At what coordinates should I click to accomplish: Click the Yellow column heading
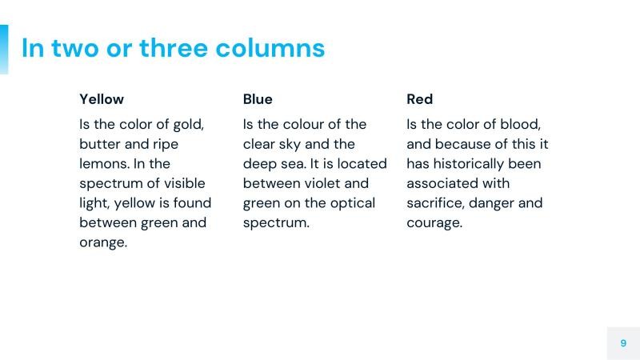pyautogui.click(x=102, y=99)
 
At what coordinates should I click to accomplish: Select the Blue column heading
pyautogui.click(x=258, y=99)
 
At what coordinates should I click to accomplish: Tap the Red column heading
pyautogui.click(x=419, y=99)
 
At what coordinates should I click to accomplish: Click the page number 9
pyautogui.click(x=623, y=343)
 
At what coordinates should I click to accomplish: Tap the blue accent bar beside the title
pyautogui.click(x=4, y=49)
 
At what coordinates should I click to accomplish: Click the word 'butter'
pyautogui.click(x=101, y=145)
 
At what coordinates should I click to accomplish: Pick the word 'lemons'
pyautogui.click(x=104, y=164)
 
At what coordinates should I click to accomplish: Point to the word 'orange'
pyautogui.click(x=102, y=242)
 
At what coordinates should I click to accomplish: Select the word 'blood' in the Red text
pyautogui.click(x=520, y=125)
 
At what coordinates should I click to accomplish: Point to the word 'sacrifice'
pyautogui.click(x=435, y=203)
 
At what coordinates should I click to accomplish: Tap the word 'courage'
pyautogui.click(x=434, y=223)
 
